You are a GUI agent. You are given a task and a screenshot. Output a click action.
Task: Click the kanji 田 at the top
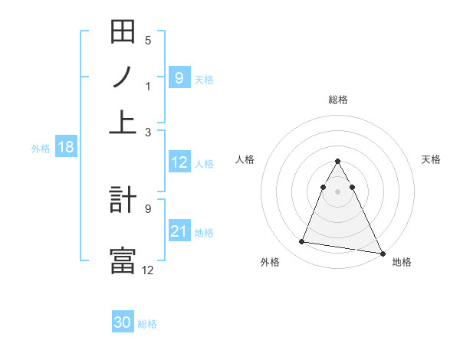(x=123, y=33)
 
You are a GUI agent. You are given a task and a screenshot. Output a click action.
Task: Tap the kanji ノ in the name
(x=123, y=77)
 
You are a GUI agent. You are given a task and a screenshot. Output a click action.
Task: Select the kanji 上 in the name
(x=123, y=121)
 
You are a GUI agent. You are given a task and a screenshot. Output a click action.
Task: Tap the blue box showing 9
(x=179, y=77)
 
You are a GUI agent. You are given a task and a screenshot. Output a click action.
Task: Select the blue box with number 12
(x=179, y=162)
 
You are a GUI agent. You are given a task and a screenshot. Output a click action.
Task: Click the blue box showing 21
(x=179, y=231)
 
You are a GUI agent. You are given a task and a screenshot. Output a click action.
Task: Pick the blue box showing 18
(x=65, y=147)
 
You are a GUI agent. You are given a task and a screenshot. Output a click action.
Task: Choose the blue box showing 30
(x=123, y=322)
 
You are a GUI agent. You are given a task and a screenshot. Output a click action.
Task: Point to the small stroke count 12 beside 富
(x=147, y=269)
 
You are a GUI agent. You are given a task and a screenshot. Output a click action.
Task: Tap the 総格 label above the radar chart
(x=338, y=100)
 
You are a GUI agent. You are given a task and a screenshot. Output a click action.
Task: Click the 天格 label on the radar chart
(x=431, y=159)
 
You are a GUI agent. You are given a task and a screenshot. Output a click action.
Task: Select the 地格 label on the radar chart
(x=402, y=262)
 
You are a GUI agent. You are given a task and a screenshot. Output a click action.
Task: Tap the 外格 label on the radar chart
(x=270, y=262)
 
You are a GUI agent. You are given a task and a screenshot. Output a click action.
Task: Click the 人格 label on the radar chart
(x=245, y=159)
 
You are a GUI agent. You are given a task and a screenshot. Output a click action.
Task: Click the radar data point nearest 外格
(x=302, y=242)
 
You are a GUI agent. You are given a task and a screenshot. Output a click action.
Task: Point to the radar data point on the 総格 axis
(x=338, y=162)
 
